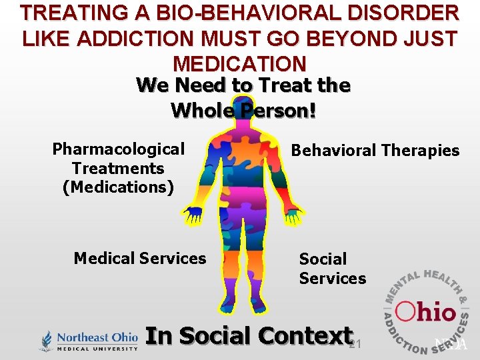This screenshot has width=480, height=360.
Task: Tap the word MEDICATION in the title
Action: (x=239, y=63)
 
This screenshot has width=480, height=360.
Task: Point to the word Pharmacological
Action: (x=118, y=149)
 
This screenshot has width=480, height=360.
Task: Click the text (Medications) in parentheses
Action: (x=118, y=187)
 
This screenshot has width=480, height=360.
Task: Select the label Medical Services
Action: (x=140, y=258)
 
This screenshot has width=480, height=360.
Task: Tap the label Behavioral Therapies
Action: (x=375, y=151)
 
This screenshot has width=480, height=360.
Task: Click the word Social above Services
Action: (x=323, y=259)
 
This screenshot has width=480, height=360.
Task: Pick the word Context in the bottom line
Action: (x=306, y=335)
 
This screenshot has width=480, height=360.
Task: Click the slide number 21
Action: (x=355, y=344)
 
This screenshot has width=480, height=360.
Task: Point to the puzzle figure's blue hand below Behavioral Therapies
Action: (x=294, y=215)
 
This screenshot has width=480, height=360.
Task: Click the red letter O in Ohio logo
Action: (x=407, y=311)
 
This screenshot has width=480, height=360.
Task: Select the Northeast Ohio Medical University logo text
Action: (x=97, y=341)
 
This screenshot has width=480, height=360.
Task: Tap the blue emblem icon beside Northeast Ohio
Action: (x=45, y=341)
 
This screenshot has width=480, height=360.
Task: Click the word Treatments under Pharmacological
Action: (x=118, y=169)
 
